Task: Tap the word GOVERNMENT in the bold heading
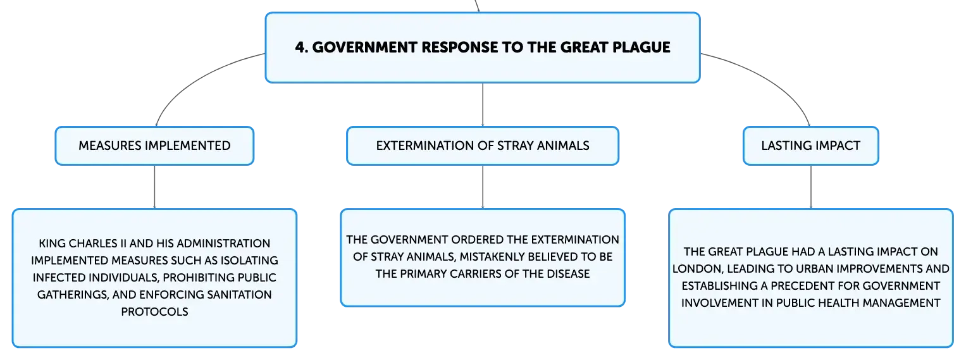[x=364, y=47]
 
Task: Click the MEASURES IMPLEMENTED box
[x=154, y=146]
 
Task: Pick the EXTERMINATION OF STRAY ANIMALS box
[x=483, y=146]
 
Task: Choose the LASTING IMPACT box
[x=811, y=146]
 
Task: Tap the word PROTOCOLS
[x=154, y=312]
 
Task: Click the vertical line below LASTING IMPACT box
[x=811, y=187]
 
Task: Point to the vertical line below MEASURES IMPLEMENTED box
[x=154, y=187]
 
